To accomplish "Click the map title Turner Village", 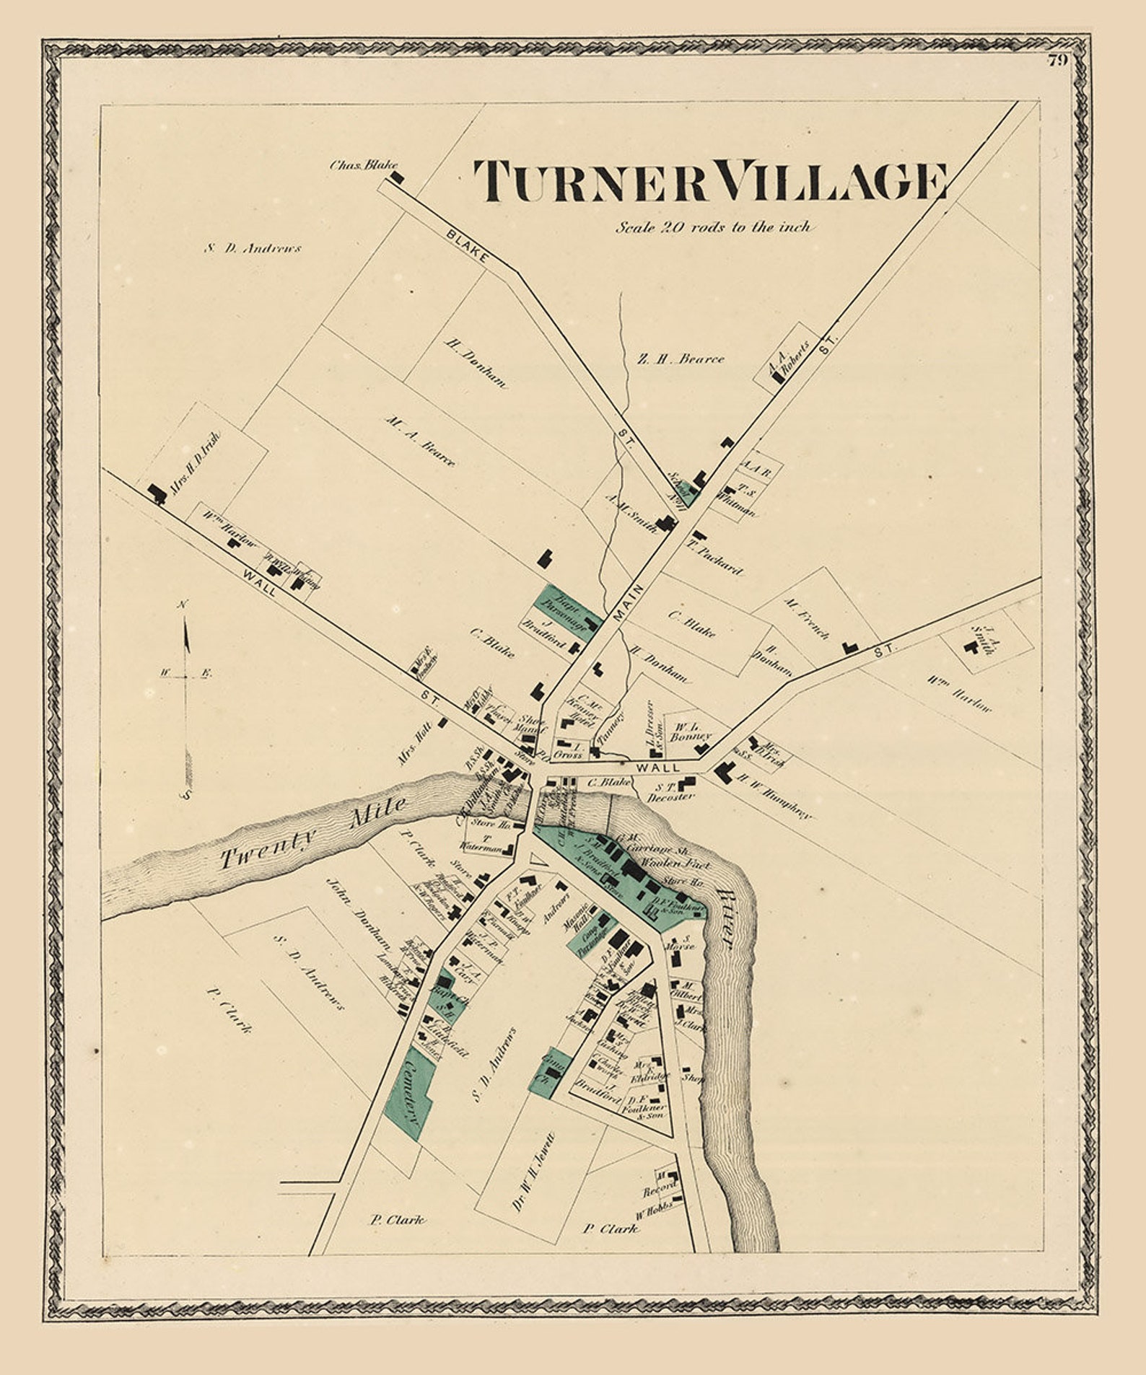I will click(x=710, y=180).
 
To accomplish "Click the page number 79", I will click(x=1057, y=61).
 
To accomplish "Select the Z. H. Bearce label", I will click(x=681, y=359).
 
